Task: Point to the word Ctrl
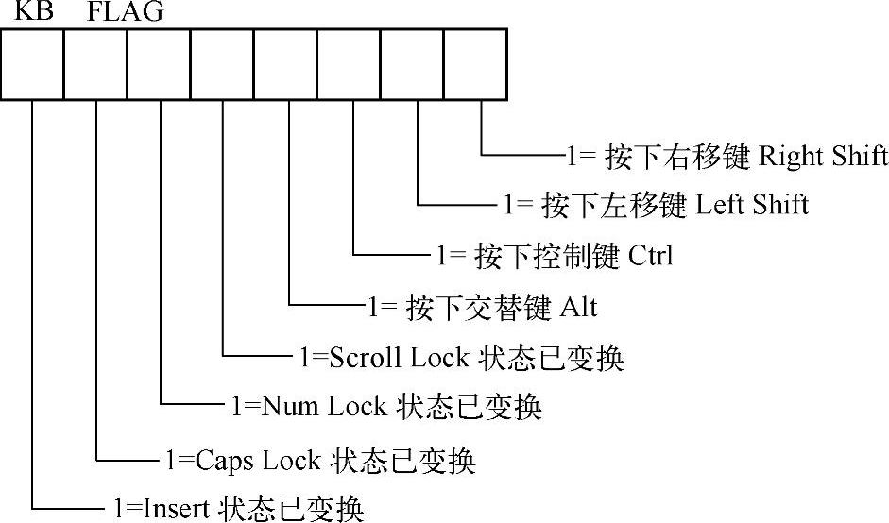649,255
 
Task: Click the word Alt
578,307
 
